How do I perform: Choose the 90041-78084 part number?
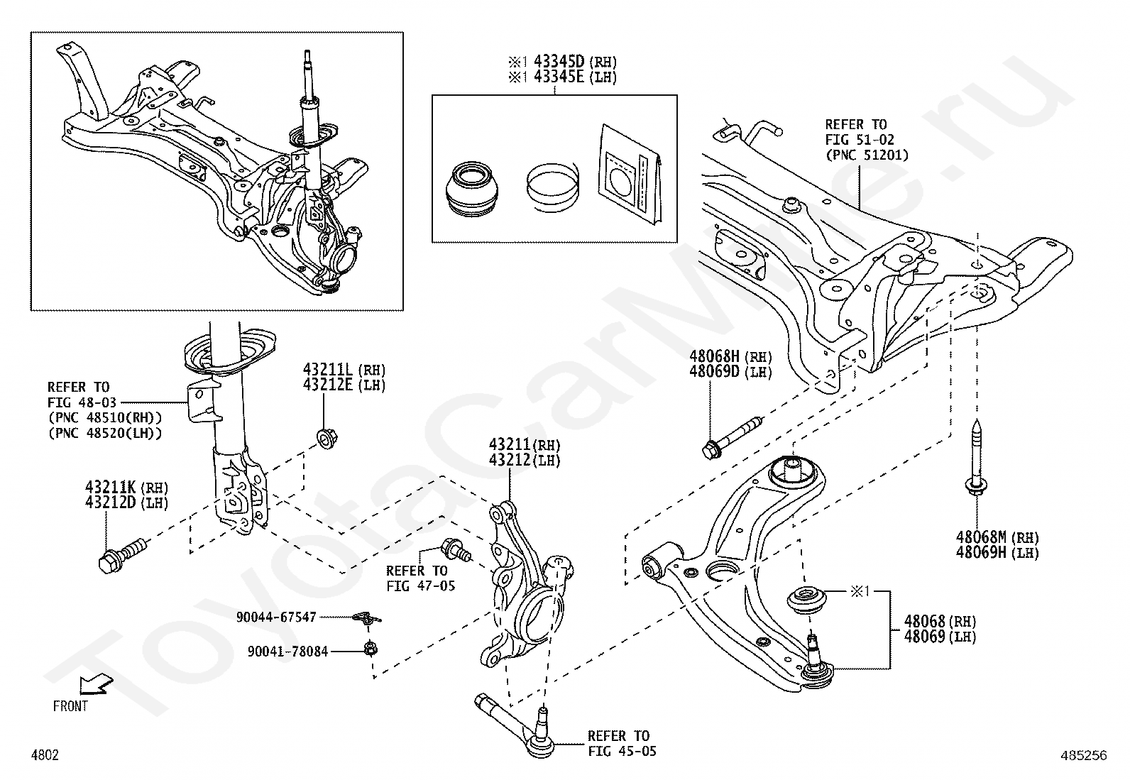[x=287, y=651]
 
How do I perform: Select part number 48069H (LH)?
[x=997, y=552]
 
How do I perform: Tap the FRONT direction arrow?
[x=94, y=685]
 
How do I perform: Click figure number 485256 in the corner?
[x=1083, y=756]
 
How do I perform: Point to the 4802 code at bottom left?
[x=45, y=755]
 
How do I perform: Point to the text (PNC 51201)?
[x=866, y=155]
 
